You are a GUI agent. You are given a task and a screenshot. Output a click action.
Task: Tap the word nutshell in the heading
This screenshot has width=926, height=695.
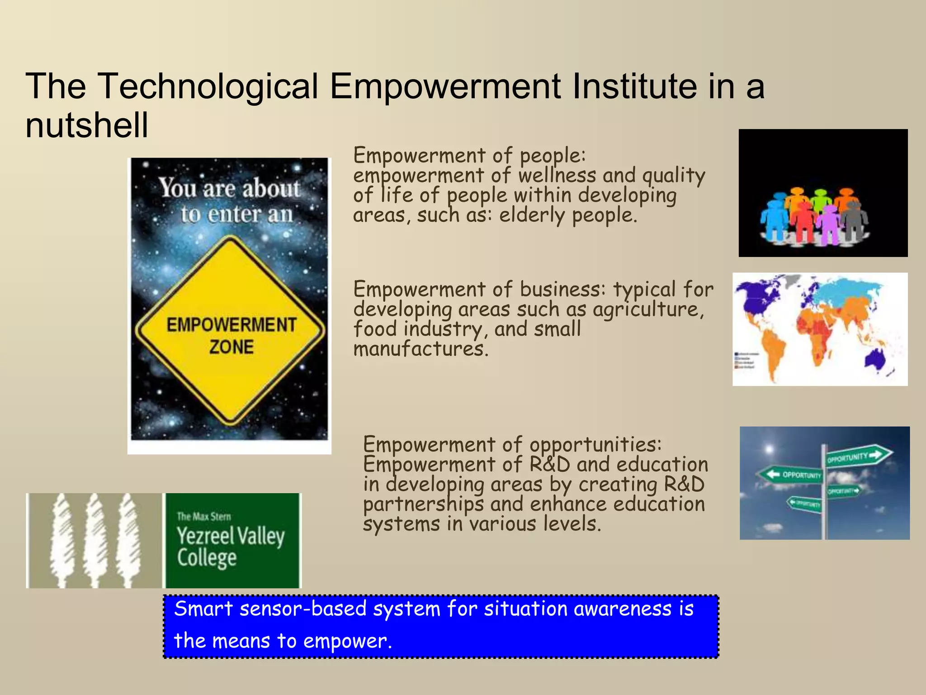coord(87,125)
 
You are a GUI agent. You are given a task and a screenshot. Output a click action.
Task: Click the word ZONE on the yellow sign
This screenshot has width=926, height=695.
coord(231,347)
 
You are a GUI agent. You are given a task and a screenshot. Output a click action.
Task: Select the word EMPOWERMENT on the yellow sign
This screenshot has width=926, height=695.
coord(231,325)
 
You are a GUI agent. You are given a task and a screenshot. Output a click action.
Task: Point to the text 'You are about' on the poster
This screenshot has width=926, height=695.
coord(229,188)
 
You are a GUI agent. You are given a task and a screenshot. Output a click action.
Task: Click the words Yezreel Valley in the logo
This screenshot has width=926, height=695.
coord(231,536)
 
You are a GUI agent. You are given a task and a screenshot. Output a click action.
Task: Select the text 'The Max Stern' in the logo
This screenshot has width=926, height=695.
coord(203,516)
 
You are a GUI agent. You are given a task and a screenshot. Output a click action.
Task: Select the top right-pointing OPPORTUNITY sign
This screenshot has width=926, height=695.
coord(857,456)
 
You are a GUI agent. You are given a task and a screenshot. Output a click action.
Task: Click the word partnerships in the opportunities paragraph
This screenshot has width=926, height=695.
coord(423,505)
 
